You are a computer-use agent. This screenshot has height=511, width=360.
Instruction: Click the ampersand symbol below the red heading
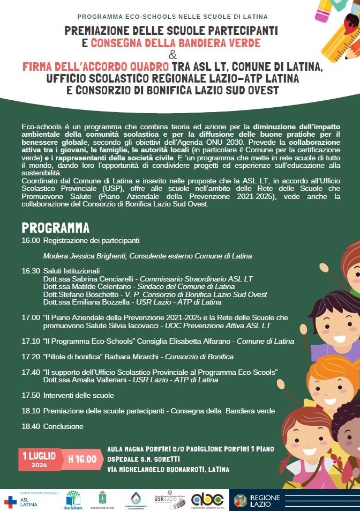[x=172, y=55]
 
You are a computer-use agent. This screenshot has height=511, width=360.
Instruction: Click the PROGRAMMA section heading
[x=55, y=227]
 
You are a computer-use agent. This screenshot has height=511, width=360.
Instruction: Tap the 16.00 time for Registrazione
[x=31, y=240]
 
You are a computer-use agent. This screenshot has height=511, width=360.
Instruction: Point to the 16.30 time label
[x=31, y=271]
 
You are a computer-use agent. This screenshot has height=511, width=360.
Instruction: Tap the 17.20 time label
[x=31, y=357]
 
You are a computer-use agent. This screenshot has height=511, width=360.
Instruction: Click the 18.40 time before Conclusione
[x=31, y=426]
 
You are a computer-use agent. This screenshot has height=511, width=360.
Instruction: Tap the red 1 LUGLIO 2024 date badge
[x=39, y=459]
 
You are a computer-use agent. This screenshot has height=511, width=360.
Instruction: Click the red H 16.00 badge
[x=82, y=459]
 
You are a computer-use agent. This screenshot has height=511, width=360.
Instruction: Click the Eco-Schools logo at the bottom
[x=73, y=500]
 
